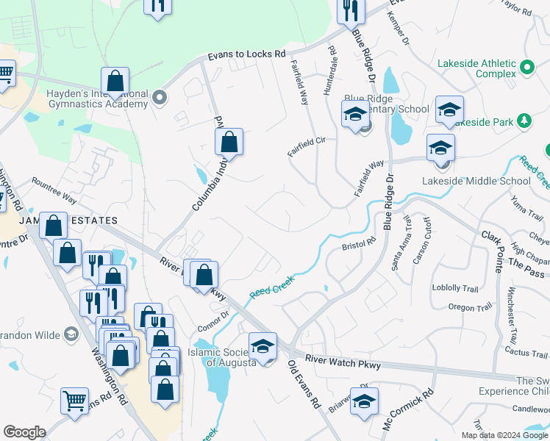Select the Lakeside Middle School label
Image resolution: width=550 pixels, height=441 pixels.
[x=476, y=181]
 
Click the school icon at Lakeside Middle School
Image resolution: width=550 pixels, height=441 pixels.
[x=440, y=148]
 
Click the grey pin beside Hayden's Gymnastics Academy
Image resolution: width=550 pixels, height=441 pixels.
[x=160, y=97]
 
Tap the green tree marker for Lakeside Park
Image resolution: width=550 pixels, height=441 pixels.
[x=524, y=120]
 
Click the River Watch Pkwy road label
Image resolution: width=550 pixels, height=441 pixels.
[x=335, y=360]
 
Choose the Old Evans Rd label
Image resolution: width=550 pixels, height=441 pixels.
[x=304, y=383]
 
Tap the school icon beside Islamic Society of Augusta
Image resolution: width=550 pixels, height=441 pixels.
[x=262, y=346]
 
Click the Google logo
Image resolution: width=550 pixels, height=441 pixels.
[x=25, y=432]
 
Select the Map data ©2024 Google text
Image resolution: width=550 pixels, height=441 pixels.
[x=504, y=434]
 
